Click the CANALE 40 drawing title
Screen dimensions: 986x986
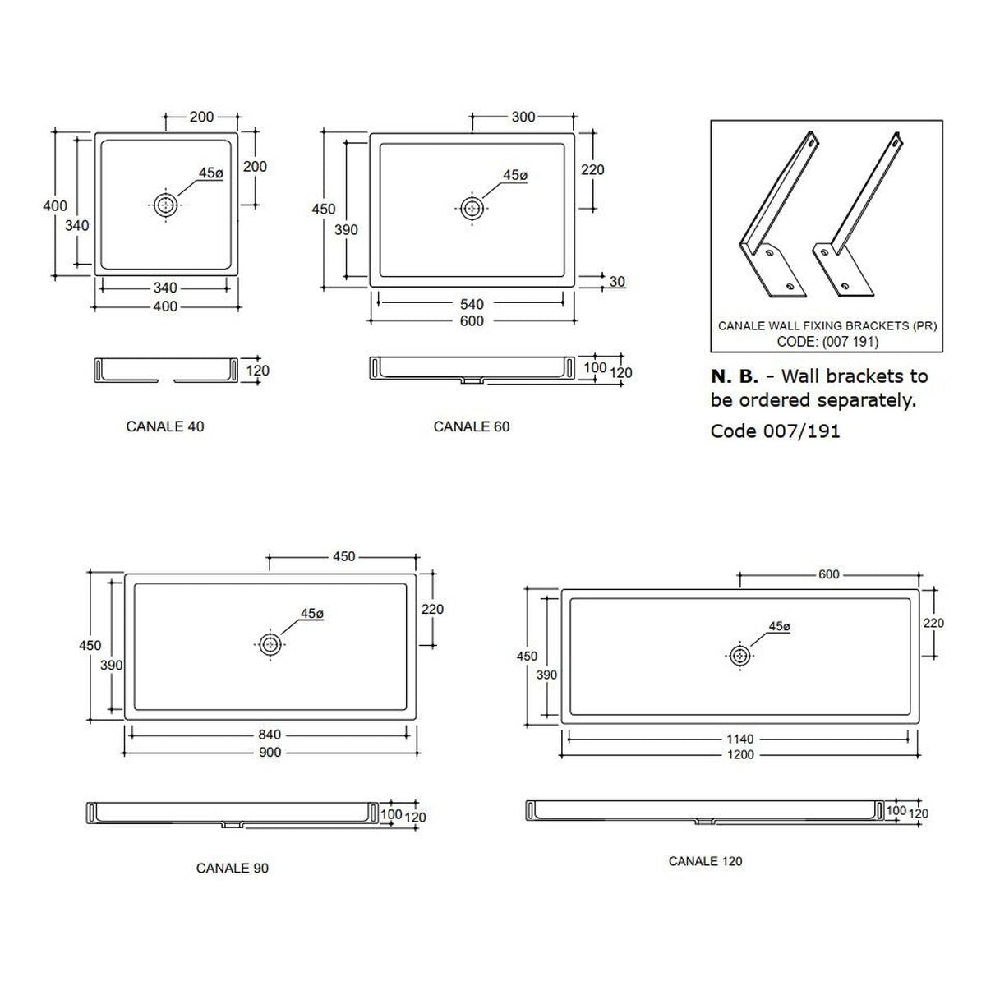(x=165, y=426)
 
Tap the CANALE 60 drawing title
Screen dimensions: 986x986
(x=472, y=426)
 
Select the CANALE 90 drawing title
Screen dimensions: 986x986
(x=233, y=868)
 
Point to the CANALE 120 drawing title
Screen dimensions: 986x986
(x=705, y=861)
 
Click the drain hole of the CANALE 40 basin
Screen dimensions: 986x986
(x=165, y=205)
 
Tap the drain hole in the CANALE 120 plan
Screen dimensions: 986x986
(x=739, y=656)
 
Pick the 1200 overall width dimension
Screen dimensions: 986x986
(x=739, y=754)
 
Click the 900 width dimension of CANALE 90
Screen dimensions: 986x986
(x=270, y=752)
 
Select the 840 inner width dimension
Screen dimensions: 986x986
(x=270, y=735)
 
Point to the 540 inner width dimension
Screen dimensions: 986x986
(x=472, y=305)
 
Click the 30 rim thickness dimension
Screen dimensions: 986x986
(x=617, y=282)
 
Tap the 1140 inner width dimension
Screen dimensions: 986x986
(x=739, y=739)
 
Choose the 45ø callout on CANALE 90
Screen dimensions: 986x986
(x=312, y=613)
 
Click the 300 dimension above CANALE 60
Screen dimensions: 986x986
(x=523, y=117)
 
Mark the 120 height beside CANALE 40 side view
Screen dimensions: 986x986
(x=257, y=371)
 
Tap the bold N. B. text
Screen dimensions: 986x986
(x=735, y=376)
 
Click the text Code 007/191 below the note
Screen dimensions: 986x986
(x=775, y=431)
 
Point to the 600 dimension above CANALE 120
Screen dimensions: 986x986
(x=828, y=574)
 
